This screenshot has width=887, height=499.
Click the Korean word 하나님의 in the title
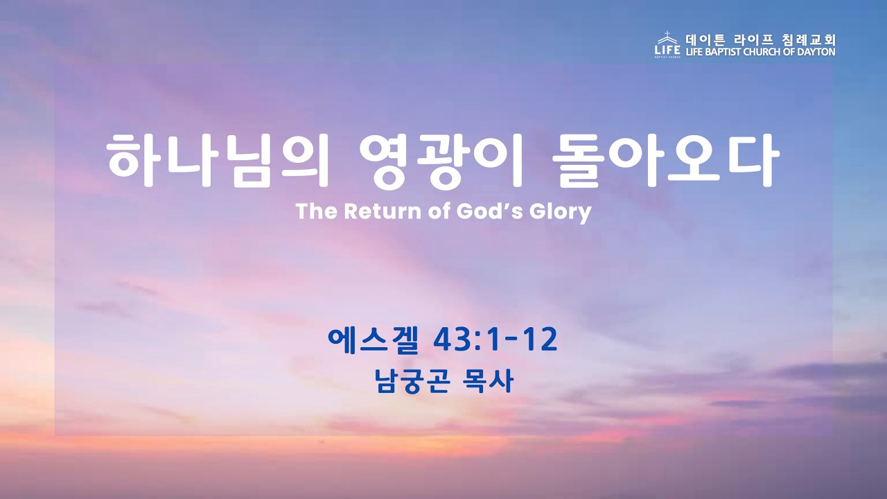tap(218, 160)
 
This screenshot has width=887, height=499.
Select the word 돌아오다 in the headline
tap(666, 160)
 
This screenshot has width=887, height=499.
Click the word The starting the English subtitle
tap(317, 211)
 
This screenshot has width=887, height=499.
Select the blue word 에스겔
tap(373, 340)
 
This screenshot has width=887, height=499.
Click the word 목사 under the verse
tap(488, 381)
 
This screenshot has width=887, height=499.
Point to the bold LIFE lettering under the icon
tap(667, 50)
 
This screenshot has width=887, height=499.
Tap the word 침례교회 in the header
tap(809, 40)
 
